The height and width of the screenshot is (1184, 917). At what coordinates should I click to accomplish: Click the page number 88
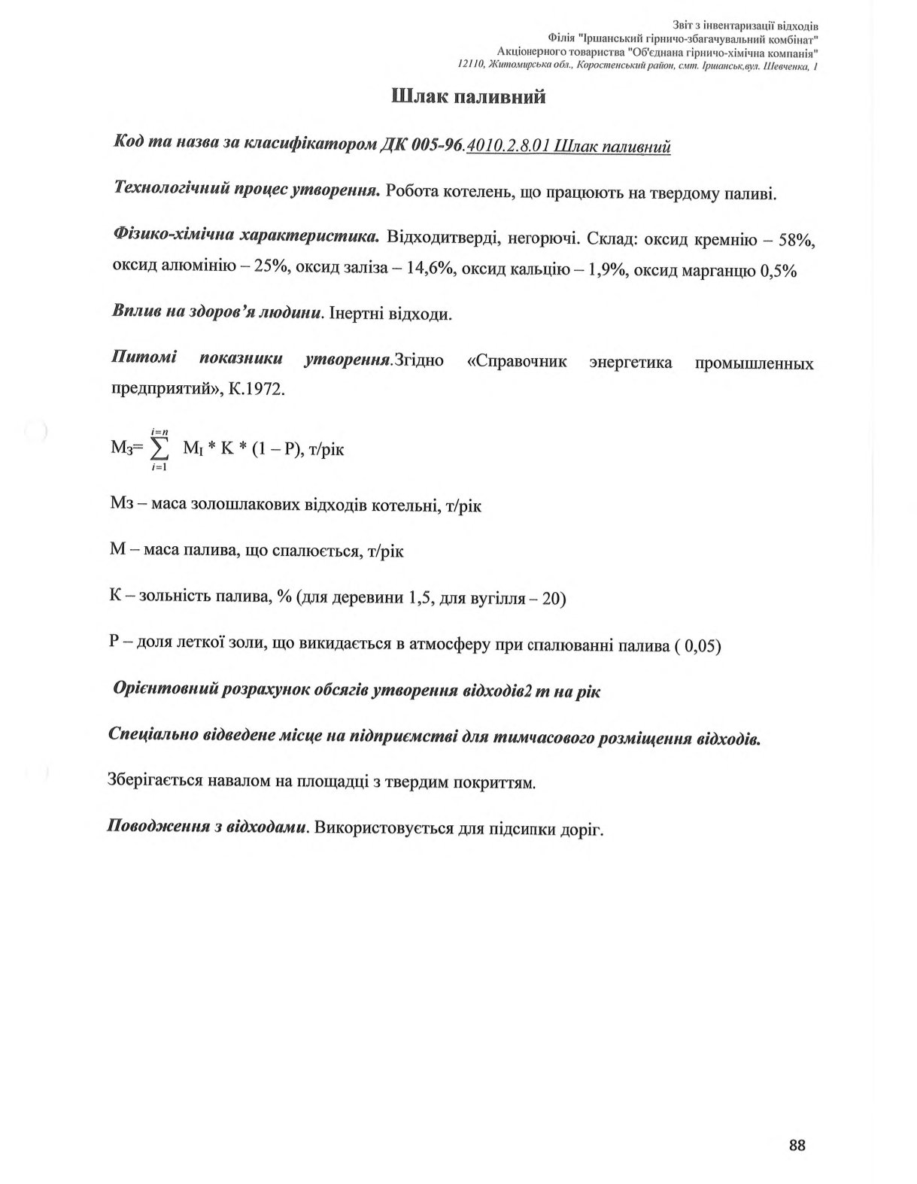pos(797,1146)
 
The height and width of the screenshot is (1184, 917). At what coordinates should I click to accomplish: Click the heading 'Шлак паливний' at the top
pos(469,97)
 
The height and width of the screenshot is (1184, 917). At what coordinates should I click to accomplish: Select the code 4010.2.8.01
pos(509,146)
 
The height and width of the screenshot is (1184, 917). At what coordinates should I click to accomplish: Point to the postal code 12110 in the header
pos(471,66)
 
